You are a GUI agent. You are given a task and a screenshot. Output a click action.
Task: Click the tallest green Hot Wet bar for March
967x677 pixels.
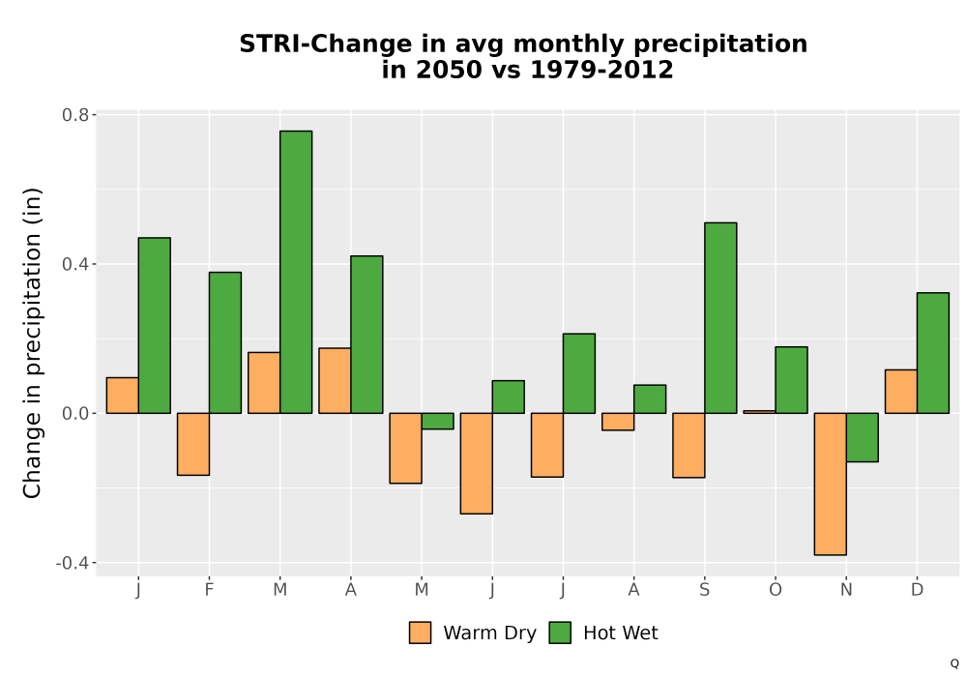[x=296, y=272]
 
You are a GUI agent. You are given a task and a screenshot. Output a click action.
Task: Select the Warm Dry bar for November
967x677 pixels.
[x=830, y=484]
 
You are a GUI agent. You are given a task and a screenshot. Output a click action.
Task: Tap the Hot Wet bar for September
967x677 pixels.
[x=720, y=317]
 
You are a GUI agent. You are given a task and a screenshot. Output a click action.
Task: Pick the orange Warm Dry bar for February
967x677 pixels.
[x=193, y=444]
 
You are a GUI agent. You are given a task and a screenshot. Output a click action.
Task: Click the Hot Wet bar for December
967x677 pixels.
[x=933, y=353]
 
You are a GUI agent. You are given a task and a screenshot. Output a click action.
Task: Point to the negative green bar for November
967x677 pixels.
[x=863, y=437]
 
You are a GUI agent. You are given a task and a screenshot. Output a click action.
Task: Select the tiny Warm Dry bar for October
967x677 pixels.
[x=759, y=412]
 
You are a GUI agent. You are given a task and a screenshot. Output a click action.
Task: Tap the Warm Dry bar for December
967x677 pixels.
[x=901, y=392]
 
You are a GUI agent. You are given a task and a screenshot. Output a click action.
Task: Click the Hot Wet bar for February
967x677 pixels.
[x=225, y=342]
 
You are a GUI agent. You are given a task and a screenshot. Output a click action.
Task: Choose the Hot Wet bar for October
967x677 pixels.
[x=791, y=380]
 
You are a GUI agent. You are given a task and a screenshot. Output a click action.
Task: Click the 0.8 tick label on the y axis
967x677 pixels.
[x=75, y=115]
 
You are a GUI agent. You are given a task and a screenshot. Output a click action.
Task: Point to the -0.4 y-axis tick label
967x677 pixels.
[x=73, y=563]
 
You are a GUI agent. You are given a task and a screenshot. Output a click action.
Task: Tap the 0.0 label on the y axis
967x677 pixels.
[x=75, y=414]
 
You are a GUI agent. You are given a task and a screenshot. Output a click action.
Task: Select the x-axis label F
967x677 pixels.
[x=209, y=590]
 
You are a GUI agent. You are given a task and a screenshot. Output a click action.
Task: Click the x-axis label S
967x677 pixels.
[x=704, y=590]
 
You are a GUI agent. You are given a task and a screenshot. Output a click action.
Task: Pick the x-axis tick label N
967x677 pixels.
[x=846, y=590]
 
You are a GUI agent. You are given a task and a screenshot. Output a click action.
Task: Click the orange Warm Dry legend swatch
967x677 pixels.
[x=420, y=633]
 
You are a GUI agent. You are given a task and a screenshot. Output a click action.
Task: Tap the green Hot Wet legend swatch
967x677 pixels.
[x=560, y=633]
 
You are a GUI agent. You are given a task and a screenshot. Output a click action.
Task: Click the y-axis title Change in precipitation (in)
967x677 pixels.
[x=32, y=342]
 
